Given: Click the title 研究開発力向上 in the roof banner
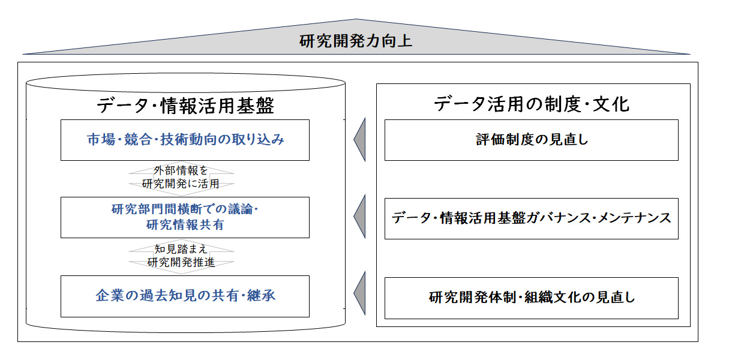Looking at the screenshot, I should (356, 42).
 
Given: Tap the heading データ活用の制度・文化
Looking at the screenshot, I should (532, 104).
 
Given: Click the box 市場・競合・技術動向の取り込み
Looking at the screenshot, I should (185, 140).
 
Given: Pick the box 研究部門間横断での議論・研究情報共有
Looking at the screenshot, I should (185, 217).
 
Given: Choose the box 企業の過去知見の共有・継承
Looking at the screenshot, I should (185, 296).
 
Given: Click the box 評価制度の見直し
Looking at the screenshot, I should (531, 140).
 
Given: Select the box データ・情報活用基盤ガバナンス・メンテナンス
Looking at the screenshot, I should (531, 218).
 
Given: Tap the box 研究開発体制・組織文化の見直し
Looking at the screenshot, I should (531, 298).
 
